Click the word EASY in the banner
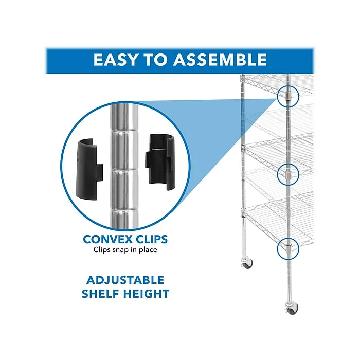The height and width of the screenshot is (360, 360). click(x=115, y=60)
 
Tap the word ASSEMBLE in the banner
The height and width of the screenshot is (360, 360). click(x=220, y=60)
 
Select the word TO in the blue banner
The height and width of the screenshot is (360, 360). click(x=155, y=60)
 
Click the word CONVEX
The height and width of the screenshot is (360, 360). click(x=107, y=239)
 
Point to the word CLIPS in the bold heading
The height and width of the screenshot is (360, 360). click(x=152, y=239)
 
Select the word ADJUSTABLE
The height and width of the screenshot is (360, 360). click(x=125, y=280)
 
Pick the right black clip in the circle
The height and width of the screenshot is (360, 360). click(x=158, y=162)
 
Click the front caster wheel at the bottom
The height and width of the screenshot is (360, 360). click(x=292, y=309)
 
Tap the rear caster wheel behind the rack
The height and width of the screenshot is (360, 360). click(x=247, y=263)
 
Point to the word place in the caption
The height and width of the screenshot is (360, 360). click(x=147, y=250)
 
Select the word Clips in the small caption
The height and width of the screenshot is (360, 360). click(x=102, y=250)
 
